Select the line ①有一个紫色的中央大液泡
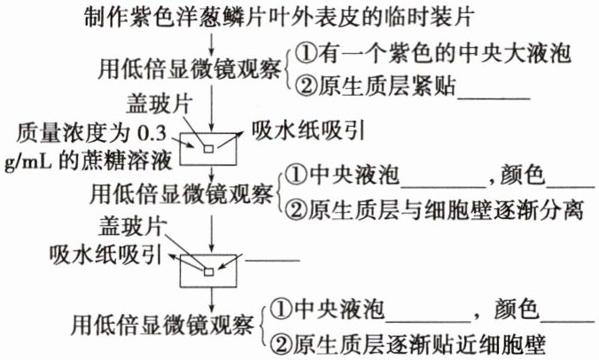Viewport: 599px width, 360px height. coord(432,55)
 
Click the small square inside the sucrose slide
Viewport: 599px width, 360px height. coord(209,147)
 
